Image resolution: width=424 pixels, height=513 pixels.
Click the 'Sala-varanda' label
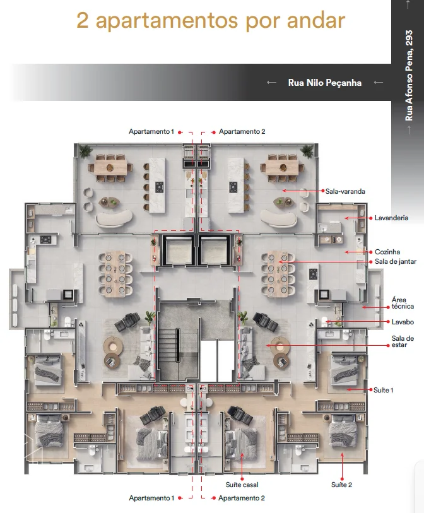[345, 191]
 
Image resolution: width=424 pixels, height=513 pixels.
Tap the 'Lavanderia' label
[391, 218]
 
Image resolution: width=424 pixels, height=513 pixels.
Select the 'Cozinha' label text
[387, 252]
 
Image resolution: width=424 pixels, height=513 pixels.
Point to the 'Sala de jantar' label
[396, 261]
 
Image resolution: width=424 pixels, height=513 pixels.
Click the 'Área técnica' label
[403, 303]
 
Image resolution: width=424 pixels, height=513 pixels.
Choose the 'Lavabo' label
[403, 322]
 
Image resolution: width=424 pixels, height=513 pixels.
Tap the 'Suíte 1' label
[384, 390]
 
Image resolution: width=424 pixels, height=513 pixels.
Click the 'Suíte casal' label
[242, 485]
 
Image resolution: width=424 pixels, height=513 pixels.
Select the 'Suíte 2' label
[341, 485]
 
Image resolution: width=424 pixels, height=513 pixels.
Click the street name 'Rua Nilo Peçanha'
[324, 83]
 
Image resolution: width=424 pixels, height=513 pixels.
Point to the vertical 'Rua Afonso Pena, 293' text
[409, 76]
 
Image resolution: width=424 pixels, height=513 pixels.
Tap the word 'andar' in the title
[316, 20]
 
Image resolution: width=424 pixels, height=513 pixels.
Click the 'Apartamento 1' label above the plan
[151, 131]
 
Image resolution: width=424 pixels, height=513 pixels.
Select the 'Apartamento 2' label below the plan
[242, 498]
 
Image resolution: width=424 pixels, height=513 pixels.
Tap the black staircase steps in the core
[169, 341]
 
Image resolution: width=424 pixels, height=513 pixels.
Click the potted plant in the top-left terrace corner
[85, 151]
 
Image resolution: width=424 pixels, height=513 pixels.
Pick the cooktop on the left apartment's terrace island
[160, 187]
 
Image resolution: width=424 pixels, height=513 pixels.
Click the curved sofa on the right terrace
[279, 218]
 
